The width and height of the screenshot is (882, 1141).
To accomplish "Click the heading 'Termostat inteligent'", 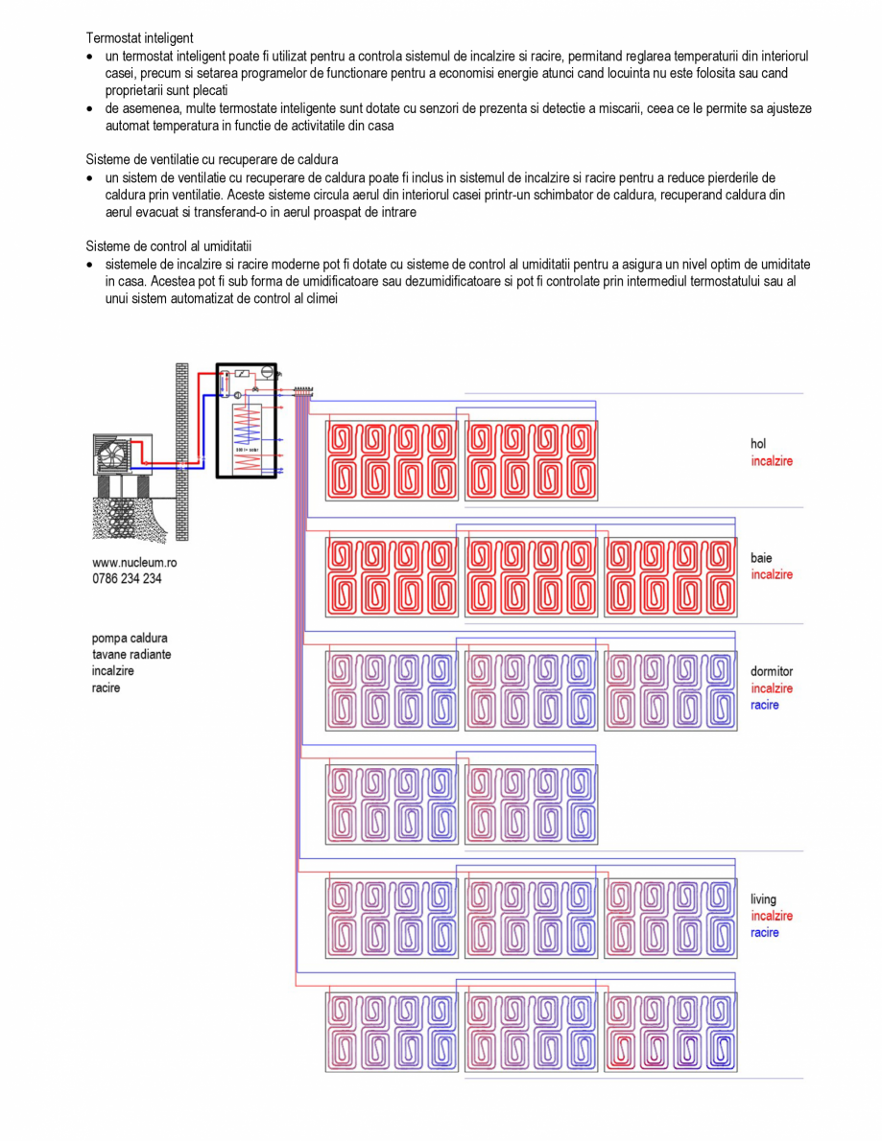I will tap(140, 38).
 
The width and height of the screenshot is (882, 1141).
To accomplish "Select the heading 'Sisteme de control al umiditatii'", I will tap(168, 246).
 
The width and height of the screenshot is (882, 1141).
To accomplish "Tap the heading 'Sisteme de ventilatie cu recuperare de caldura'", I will tap(212, 159).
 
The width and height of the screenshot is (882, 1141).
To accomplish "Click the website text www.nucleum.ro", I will tap(134, 563).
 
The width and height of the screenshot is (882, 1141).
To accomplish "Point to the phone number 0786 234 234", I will tap(127, 578).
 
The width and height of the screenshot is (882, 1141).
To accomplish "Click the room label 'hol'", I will tap(758, 444).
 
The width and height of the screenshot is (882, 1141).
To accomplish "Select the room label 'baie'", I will tap(761, 558).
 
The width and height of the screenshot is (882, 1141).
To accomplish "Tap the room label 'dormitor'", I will tap(772, 672).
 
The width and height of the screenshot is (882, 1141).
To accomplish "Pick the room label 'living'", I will tap(764, 899).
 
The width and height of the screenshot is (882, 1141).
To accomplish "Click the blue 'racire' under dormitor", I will tap(765, 705).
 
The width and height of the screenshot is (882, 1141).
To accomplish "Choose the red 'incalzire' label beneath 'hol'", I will tap(772, 461).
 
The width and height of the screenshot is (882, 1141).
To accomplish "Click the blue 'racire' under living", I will tap(765, 932).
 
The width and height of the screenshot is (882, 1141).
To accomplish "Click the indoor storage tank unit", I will tap(246, 422).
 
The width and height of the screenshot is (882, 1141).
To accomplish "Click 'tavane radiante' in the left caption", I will tap(132, 654).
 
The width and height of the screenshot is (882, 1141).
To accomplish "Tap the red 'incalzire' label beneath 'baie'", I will tap(772, 574).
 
